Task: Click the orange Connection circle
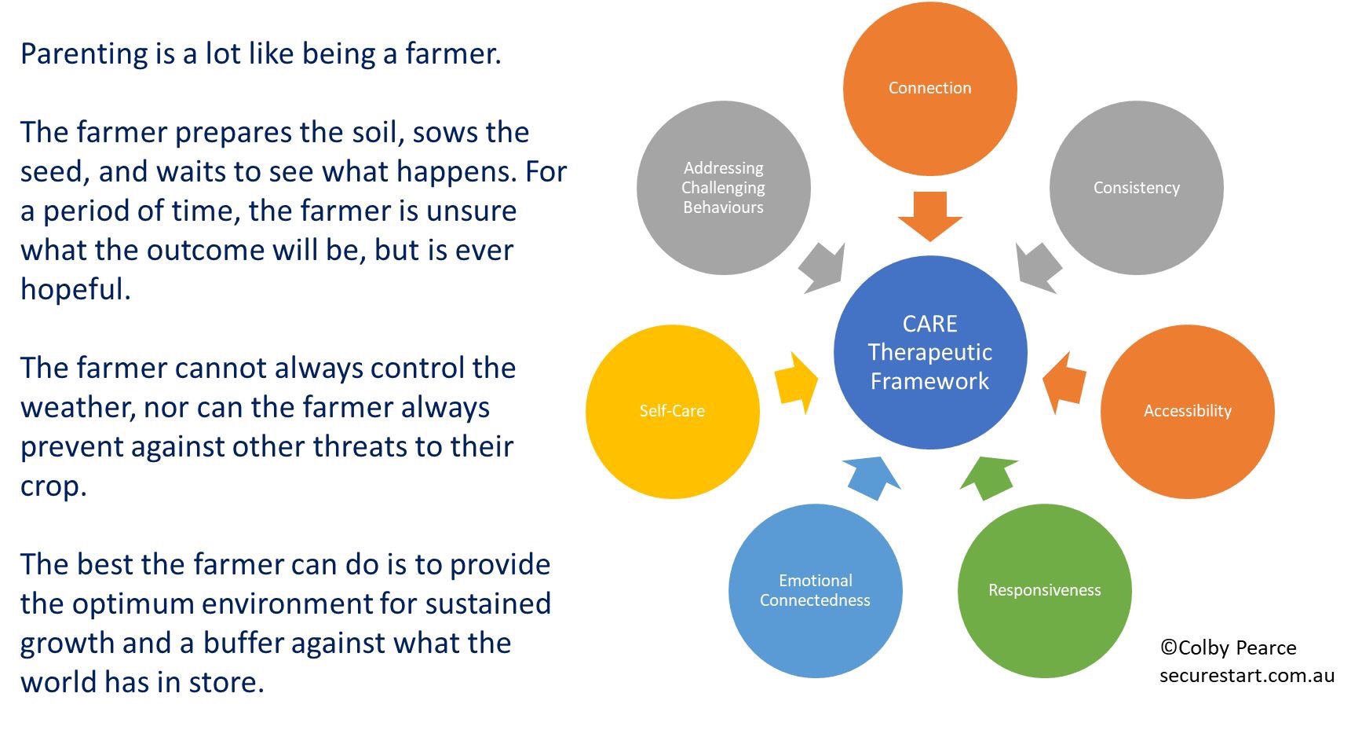point(929,88)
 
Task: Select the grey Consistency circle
point(1136,188)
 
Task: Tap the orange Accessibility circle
point(1187,411)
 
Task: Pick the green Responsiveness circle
point(1044,590)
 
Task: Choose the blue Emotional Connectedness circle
point(815,590)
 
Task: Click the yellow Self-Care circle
point(672,411)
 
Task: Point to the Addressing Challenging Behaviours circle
point(723,188)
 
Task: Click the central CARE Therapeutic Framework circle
point(929,352)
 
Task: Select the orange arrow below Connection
point(929,217)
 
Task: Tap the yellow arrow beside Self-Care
point(795,383)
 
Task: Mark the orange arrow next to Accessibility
point(1064,383)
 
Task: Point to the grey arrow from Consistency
point(1037,267)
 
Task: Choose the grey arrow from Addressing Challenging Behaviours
point(823,267)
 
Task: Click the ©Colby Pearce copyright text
point(1228,647)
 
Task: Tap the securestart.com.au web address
point(1247,675)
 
